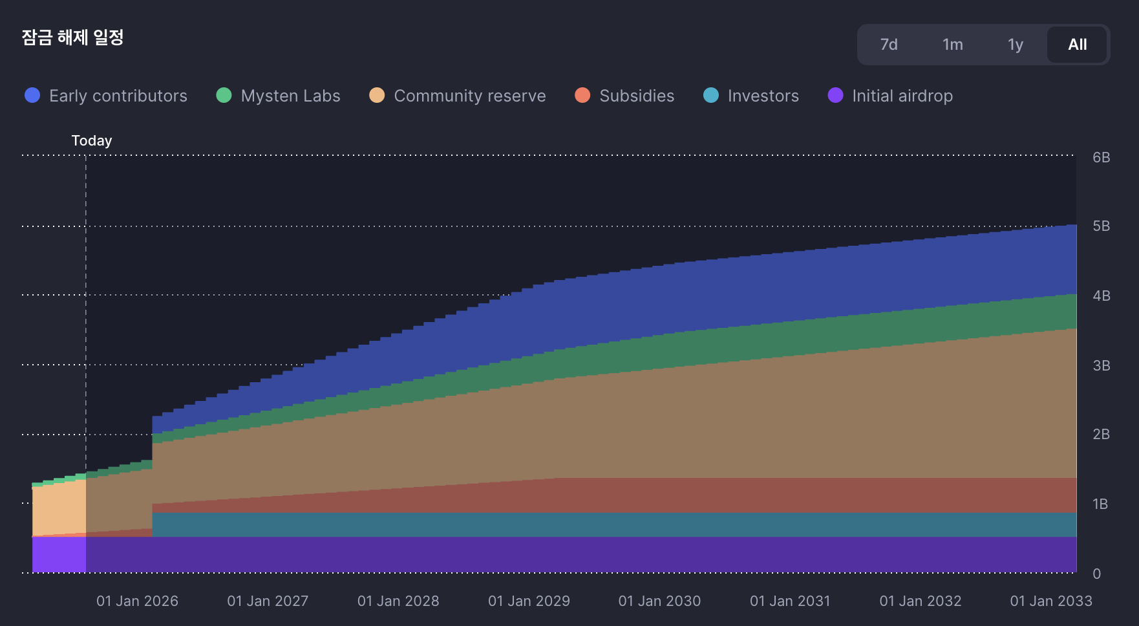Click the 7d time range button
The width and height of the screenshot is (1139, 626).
pos(889,45)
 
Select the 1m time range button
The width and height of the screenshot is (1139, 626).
pos(952,45)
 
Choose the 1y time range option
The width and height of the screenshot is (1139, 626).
pos(1015,45)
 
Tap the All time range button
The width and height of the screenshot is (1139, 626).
pos(1077,45)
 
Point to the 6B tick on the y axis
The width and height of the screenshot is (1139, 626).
pos(1101,157)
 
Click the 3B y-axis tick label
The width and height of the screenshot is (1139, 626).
pos(1101,365)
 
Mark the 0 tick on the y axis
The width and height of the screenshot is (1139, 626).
pos(1096,574)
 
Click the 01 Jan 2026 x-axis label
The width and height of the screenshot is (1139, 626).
pos(137,601)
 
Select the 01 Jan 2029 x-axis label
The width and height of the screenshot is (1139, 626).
pos(529,601)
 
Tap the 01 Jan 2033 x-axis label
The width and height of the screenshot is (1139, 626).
pos(1050,601)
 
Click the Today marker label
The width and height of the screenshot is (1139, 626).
pos(92,140)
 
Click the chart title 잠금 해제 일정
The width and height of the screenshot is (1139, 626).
pos(72,38)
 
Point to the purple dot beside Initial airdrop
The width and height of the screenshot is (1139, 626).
pos(835,96)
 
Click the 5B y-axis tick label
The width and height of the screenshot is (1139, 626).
pos(1101,226)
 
